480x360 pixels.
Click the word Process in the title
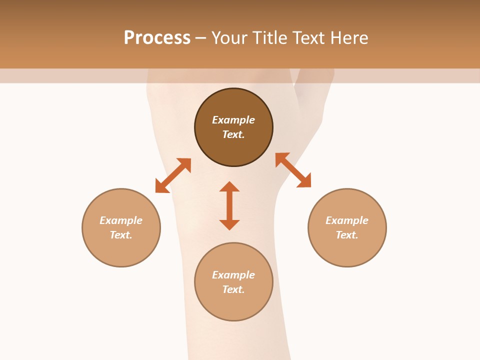(157, 38)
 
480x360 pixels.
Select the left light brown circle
(121, 250)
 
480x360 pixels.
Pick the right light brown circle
(347, 250)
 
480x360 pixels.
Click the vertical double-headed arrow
(229, 205)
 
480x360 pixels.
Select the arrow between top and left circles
(173, 175)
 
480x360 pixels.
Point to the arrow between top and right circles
(293, 170)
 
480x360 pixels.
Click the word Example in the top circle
(233, 120)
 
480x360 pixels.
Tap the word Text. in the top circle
(233, 134)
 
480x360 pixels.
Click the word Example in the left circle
(121, 220)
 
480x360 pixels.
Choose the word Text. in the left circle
(121, 235)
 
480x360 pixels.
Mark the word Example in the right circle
(347, 220)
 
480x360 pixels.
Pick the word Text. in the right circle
(347, 235)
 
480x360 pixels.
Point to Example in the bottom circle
(233, 275)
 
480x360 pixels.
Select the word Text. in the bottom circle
(233, 289)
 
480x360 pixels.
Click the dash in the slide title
(201, 38)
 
